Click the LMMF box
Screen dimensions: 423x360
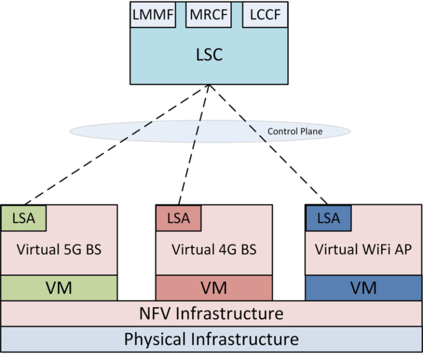(153, 14)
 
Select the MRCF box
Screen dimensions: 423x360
(209, 14)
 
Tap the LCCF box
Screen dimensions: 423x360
(265, 14)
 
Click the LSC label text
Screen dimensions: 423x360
(209, 54)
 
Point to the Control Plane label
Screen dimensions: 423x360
(295, 132)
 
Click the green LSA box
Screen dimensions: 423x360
(24, 218)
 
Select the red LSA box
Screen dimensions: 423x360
(178, 218)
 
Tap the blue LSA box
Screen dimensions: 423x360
(328, 218)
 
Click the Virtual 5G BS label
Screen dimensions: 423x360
(59, 249)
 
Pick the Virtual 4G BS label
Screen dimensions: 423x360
(214, 249)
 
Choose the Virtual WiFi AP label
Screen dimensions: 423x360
(364, 249)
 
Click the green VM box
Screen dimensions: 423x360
(59, 288)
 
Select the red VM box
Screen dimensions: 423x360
(214, 288)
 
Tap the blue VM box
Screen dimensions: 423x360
(364, 288)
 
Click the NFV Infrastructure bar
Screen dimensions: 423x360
(211, 314)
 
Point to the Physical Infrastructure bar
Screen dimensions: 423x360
(211, 339)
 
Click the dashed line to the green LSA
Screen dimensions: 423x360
(117, 145)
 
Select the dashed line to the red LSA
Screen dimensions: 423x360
(194, 145)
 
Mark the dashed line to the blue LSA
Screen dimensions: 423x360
(268, 145)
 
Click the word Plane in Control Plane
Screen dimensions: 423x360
(312, 132)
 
